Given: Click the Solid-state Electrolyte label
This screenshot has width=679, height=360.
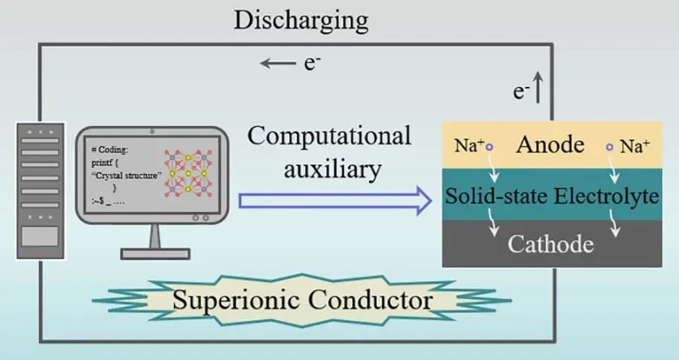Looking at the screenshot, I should (552, 196).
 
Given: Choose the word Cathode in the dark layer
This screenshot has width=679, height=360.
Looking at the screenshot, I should (550, 244).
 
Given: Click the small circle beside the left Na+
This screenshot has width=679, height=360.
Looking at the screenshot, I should (489, 147).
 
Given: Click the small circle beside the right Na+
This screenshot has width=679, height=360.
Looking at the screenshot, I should (611, 147).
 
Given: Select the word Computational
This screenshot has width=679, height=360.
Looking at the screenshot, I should (329, 135).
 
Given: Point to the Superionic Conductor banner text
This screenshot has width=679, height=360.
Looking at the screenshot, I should (302, 300).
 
